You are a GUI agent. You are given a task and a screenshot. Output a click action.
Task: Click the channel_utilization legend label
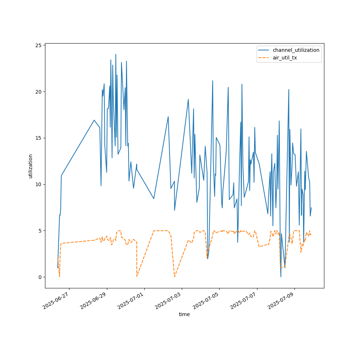[296, 50]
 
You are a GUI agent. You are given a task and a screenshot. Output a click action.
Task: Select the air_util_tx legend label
[285, 58]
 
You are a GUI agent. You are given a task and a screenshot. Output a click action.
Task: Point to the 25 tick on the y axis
[39, 45]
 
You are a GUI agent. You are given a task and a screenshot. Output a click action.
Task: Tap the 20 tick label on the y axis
[39, 92]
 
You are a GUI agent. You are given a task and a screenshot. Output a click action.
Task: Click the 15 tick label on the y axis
[39, 138]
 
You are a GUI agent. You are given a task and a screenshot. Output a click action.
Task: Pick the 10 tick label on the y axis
[39, 184]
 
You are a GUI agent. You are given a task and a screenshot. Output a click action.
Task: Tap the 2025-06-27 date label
[56, 300]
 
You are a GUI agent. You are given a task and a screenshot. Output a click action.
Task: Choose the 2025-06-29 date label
[94, 300]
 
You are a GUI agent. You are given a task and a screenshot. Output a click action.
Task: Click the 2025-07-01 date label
[131, 300]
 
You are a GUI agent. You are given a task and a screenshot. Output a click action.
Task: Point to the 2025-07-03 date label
[168, 300]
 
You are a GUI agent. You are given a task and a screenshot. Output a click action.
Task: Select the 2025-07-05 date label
[206, 300]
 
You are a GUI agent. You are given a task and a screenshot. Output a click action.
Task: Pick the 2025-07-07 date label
[244, 300]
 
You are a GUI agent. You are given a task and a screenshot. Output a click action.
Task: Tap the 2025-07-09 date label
[281, 300]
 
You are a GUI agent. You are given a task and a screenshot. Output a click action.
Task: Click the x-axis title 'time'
[184, 314]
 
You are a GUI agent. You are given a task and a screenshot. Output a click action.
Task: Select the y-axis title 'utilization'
[30, 166]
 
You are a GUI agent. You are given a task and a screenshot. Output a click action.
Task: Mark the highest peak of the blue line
[116, 54]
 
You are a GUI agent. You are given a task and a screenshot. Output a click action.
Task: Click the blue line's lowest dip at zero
[281, 277]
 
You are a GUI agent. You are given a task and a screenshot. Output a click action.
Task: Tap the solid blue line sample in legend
[264, 50]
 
